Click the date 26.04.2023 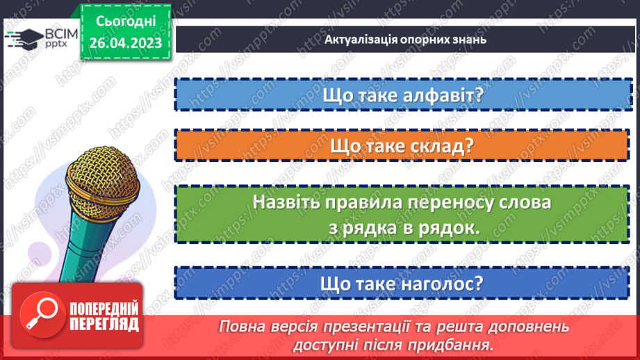125,42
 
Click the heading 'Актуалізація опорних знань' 404,38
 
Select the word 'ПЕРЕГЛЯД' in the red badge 104,324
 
